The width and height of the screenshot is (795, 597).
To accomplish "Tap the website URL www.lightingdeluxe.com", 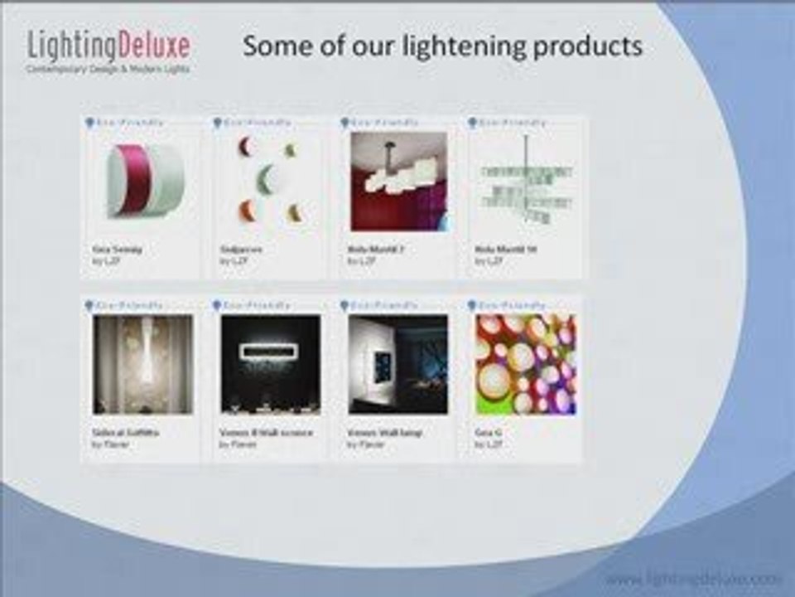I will click(693, 579).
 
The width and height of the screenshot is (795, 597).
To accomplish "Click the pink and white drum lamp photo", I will click(143, 180).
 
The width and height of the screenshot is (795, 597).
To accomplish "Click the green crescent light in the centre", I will click(265, 179).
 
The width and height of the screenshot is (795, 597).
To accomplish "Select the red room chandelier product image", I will click(398, 181).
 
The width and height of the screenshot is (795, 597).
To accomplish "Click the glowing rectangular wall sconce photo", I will click(271, 363).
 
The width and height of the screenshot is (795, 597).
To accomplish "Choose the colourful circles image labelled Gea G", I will click(526, 363).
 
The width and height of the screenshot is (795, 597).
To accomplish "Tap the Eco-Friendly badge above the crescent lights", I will click(253, 123).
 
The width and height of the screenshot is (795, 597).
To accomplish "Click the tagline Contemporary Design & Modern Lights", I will click(108, 69).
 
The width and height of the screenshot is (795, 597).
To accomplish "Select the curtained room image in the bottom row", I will click(143, 363).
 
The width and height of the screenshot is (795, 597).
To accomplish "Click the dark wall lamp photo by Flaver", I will click(398, 363).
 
